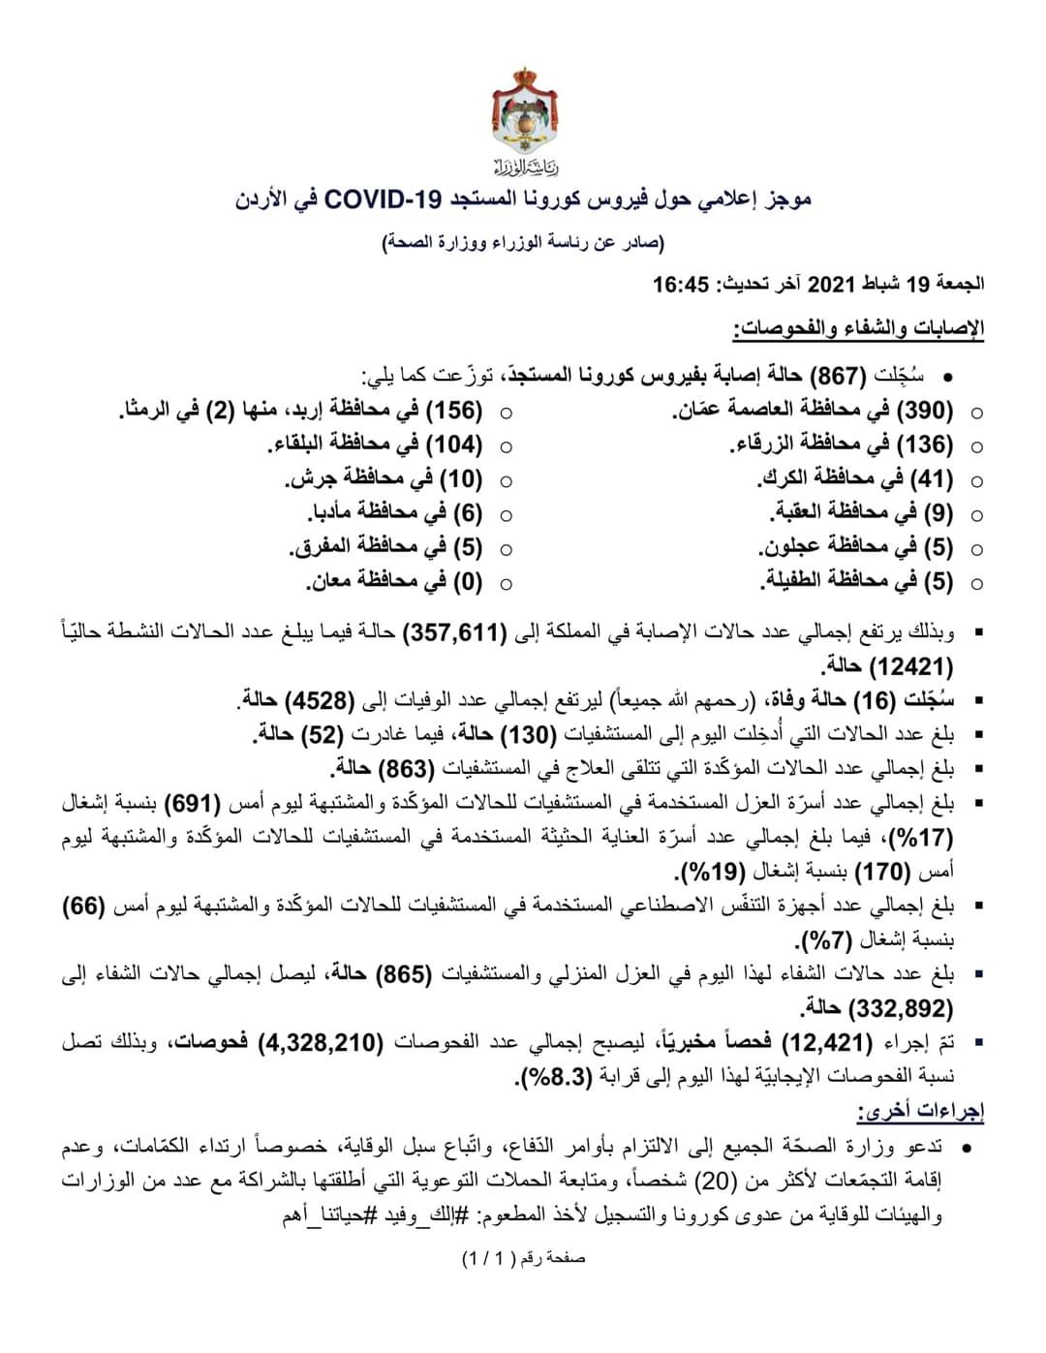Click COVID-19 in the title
[x=383, y=200]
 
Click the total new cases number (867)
[x=830, y=376]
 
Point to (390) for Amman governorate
[x=928, y=411]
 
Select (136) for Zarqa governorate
[x=928, y=446]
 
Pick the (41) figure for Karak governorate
[x=934, y=479]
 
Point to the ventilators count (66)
[x=84, y=907]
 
